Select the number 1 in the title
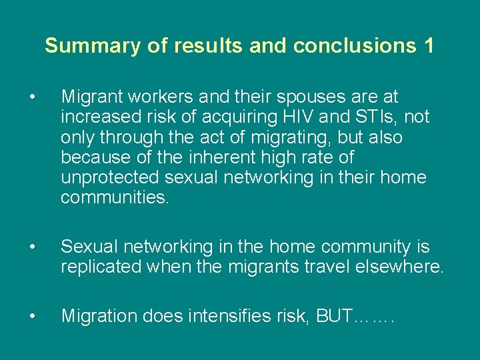(428, 46)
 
